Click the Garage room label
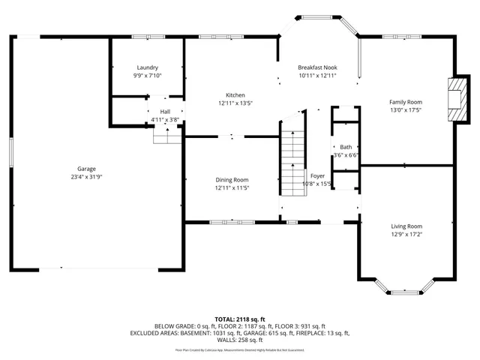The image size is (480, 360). click(86, 169)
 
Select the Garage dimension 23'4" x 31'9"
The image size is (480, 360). click(86, 178)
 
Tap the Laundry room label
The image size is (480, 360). click(147, 67)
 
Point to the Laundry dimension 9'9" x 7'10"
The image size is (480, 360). click(147, 76)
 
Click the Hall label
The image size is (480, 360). click(164, 111)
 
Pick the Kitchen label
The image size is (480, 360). click(235, 95)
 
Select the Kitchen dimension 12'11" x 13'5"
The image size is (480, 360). click(235, 103)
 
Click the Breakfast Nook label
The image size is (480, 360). click(317, 67)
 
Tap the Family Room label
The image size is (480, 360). click(405, 102)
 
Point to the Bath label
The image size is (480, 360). click(345, 147)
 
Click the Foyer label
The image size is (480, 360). click(317, 175)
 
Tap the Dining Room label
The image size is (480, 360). click(232, 180)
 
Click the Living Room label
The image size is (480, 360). click(406, 226)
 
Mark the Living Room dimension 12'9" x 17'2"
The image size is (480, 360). click(406, 234)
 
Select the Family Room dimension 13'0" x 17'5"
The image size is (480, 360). click(405, 110)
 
